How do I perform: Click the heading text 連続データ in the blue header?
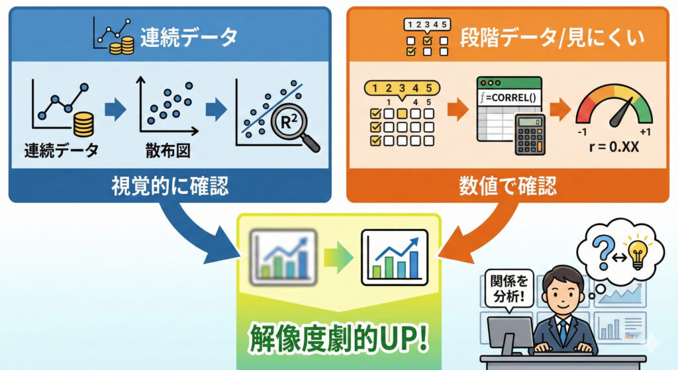pos(189,37)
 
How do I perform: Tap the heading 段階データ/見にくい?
pos(552,38)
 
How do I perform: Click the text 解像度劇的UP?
pos(338,337)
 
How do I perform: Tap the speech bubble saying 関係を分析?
pos(510,287)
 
